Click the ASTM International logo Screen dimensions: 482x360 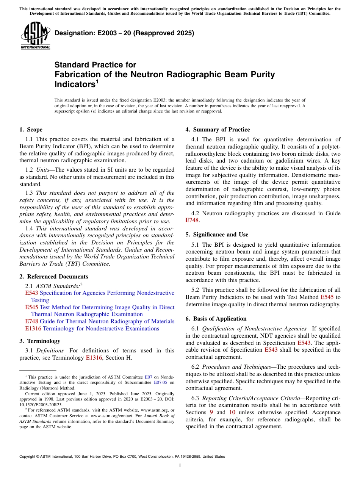point(36,36)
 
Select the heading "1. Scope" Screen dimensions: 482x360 point(31,130)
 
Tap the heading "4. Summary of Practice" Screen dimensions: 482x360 point(218,130)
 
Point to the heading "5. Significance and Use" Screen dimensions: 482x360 point(217,235)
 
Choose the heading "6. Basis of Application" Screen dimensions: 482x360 point(216,319)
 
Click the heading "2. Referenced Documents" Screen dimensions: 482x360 point(54,277)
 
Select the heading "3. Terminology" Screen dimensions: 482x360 point(40,341)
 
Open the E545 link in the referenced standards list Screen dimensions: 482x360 point(31,307)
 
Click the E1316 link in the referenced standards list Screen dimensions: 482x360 point(33,329)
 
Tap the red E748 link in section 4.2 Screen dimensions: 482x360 point(192,220)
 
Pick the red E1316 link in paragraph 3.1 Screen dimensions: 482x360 point(94,358)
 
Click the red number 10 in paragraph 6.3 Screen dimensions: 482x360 point(232,412)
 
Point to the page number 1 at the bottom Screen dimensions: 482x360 point(180,466)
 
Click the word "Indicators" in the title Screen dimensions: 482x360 point(75,85)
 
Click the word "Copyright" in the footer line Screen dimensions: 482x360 point(28,457)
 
